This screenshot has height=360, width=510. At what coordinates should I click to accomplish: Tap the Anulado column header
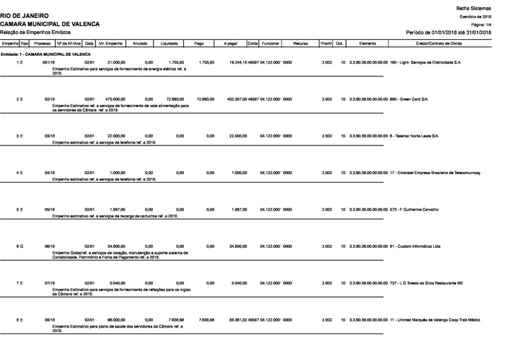click(x=141, y=43)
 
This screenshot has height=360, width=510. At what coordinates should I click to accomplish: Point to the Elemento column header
click(x=368, y=43)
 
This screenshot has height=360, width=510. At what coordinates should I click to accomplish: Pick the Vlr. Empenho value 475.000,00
click(x=114, y=99)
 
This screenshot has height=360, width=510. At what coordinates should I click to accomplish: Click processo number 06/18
click(x=49, y=246)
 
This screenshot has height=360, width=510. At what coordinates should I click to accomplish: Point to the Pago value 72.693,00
click(x=205, y=99)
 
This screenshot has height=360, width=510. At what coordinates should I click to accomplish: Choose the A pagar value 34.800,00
click(x=237, y=246)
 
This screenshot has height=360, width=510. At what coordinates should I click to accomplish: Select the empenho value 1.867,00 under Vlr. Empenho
click(x=117, y=209)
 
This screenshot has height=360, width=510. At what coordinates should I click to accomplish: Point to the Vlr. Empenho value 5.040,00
click(x=117, y=283)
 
